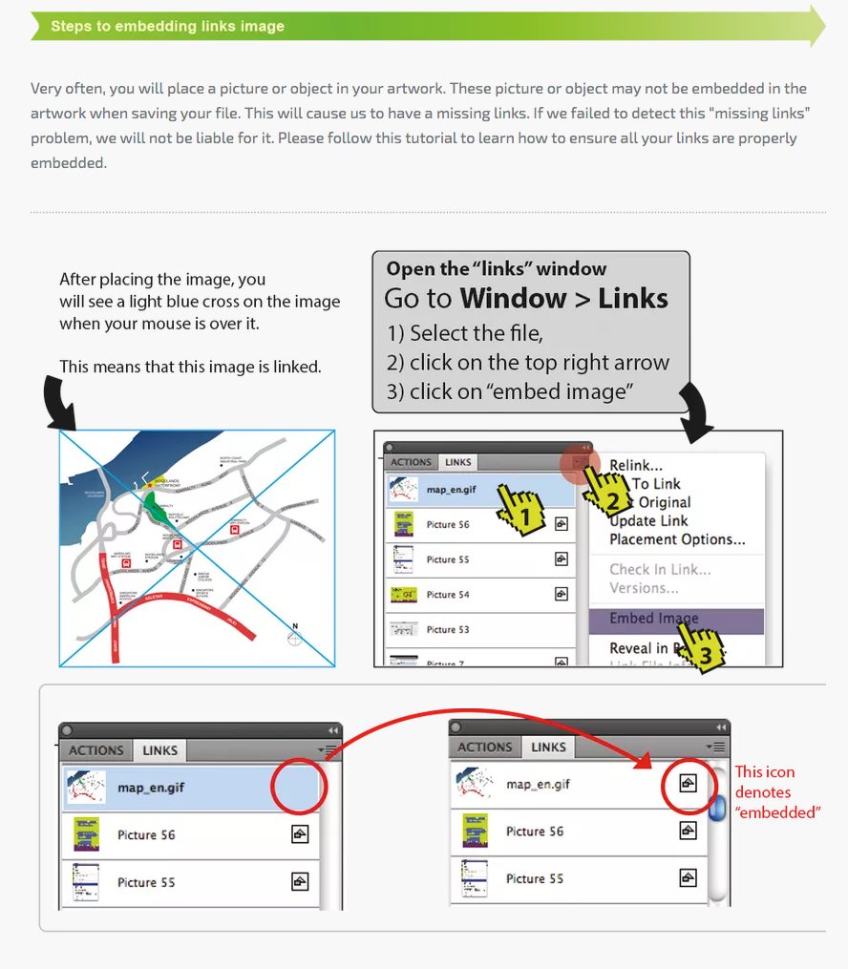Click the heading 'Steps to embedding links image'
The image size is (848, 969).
[x=167, y=26]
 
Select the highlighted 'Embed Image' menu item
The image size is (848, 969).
[x=654, y=619]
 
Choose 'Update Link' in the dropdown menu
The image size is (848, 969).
[x=648, y=520]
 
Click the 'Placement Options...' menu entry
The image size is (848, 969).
[x=677, y=539]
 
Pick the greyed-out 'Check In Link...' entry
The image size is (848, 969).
[x=660, y=570]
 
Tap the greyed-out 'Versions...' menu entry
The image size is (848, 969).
[x=644, y=588]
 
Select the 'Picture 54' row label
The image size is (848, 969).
[x=448, y=595]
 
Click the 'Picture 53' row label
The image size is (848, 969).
[x=448, y=630]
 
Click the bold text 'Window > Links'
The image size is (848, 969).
[x=563, y=299]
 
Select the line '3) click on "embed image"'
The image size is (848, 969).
[x=512, y=391]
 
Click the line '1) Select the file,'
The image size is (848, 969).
[x=464, y=333]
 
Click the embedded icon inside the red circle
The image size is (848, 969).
[x=688, y=784]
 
